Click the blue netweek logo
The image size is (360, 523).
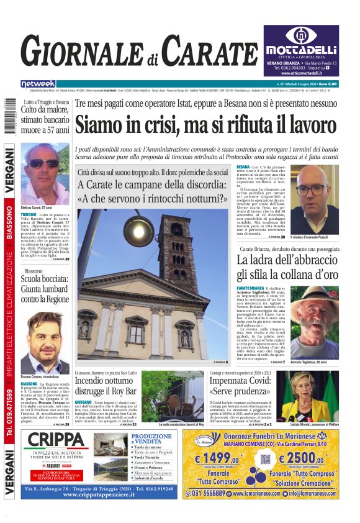click(38, 83)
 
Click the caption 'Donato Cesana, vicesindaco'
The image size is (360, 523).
click(41, 377)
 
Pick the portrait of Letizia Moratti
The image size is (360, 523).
click(312, 398)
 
